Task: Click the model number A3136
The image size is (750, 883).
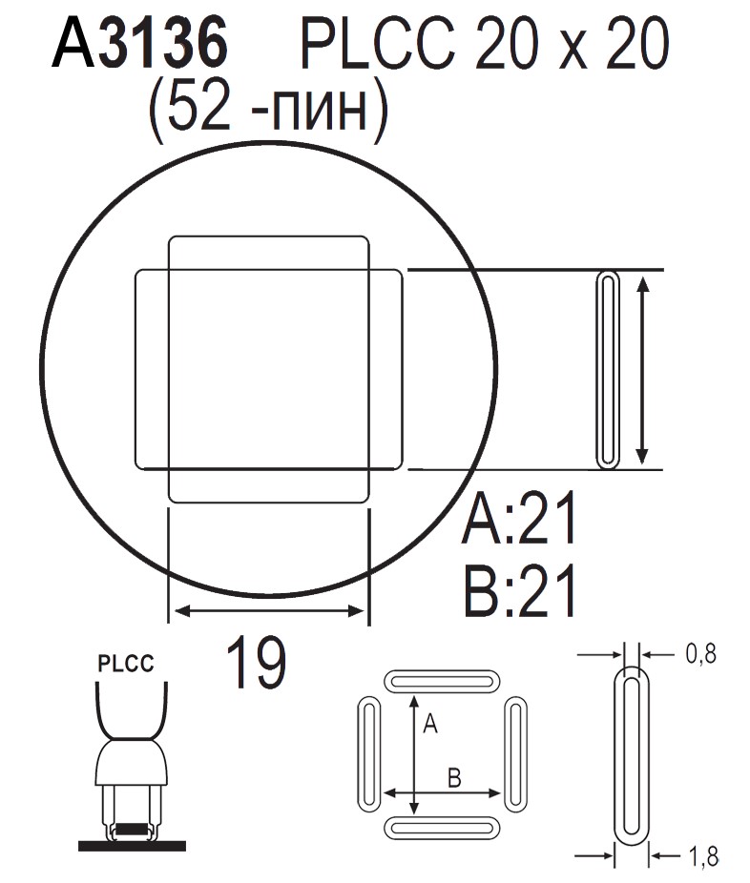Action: point(141,46)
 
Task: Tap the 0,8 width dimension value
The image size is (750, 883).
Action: point(699,653)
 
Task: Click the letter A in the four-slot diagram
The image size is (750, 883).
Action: point(429,726)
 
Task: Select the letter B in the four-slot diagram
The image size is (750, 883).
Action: point(454,778)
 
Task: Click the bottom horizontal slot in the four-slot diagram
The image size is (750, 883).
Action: point(442,827)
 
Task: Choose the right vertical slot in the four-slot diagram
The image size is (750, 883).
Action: point(515,753)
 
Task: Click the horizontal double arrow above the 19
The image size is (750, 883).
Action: point(267,611)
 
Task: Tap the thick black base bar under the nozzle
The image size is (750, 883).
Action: point(132,844)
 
